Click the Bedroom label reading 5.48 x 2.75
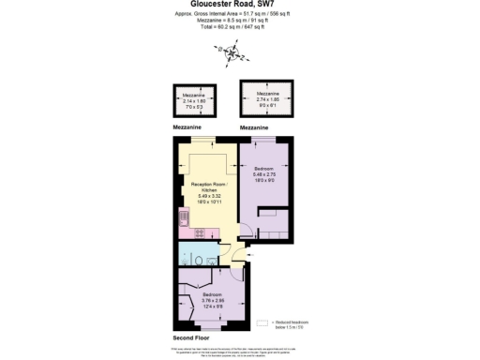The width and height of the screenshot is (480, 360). (263, 175)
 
